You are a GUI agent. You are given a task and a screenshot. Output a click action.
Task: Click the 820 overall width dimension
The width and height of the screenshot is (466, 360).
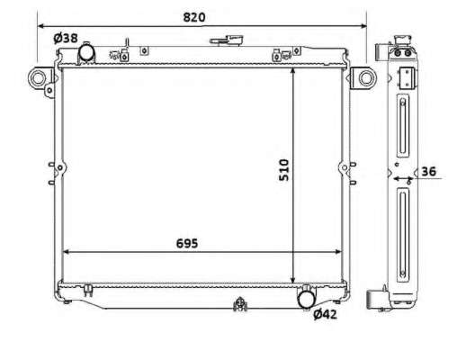194,17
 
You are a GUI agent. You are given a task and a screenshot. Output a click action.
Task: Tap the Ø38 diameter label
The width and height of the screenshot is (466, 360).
66,38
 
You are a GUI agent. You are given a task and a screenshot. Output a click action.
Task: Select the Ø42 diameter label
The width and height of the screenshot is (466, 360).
325,314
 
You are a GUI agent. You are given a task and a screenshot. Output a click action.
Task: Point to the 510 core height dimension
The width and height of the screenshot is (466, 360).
283,170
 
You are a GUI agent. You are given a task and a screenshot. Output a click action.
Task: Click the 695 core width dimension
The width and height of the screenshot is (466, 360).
187,244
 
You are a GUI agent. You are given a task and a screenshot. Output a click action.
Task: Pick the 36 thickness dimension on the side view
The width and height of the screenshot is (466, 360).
428,172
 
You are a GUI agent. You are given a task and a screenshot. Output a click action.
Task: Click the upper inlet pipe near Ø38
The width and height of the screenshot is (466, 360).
86,52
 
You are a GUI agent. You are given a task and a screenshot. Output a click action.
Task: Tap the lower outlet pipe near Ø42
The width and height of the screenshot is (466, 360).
307,299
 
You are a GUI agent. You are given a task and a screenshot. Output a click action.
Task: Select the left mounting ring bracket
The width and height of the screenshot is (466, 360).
38,77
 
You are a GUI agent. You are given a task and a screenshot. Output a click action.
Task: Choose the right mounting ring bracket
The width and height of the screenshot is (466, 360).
366,77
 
